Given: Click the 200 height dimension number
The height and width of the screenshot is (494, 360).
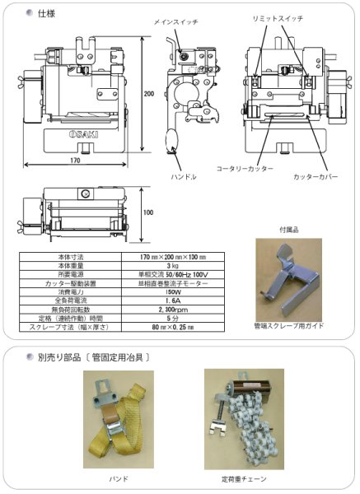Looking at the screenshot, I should point(148,94).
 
